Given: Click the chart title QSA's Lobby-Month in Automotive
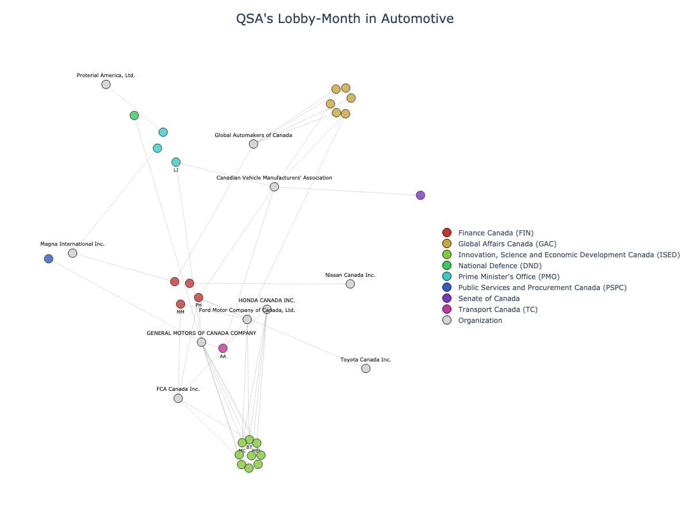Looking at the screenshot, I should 344,18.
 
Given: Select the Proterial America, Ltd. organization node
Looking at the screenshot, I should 106,85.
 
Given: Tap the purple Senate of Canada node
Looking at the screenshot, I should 420,195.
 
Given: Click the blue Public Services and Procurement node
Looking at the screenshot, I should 49,259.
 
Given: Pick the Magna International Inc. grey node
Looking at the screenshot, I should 72,253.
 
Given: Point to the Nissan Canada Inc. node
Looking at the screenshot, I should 350,284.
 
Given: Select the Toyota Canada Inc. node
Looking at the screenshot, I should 366,368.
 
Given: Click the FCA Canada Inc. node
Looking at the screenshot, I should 178,398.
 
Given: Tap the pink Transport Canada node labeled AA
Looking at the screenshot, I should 223,348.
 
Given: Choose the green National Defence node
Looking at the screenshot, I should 135,116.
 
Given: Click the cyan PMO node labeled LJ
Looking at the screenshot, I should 176,162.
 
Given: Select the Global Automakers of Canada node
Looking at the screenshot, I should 254,144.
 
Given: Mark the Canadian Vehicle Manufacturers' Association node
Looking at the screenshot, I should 274,187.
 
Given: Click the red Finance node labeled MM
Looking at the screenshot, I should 181,304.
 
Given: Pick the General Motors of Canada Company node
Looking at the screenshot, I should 201,342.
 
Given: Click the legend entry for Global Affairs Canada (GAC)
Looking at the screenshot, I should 507,244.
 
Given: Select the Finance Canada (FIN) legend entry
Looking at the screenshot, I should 495,233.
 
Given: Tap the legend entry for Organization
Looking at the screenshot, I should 480,321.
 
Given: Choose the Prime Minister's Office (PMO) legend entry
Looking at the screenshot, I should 508,277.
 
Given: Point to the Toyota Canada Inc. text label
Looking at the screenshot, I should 366,360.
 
